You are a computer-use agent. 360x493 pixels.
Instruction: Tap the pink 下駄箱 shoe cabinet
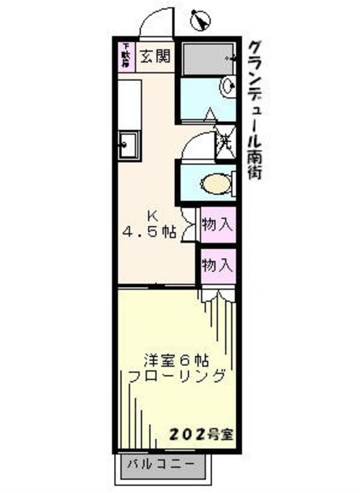pyautogui.click(x=125, y=56)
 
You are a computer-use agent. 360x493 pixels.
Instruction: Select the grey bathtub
pyautogui.click(x=207, y=57)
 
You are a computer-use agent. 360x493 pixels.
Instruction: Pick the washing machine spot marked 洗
pyautogui.click(x=224, y=142)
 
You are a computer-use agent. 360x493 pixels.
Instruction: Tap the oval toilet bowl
pyautogui.click(x=214, y=184)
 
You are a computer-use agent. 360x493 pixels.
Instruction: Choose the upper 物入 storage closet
pyautogui.click(x=217, y=225)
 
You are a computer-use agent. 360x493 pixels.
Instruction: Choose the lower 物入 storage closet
pyautogui.click(x=217, y=265)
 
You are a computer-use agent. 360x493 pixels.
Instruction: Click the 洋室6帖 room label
pyautogui.click(x=177, y=359)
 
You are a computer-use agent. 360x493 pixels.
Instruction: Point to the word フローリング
pyautogui.click(x=177, y=377)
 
